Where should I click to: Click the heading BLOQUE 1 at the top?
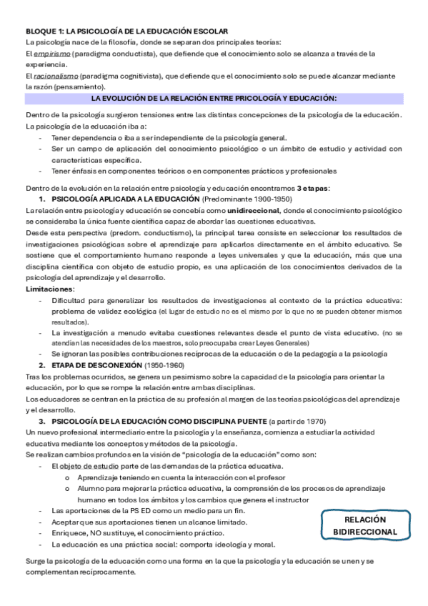click(x=127, y=32)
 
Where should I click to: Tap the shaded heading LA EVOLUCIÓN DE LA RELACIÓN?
click(x=214, y=98)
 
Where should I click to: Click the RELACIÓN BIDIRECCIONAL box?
click(x=365, y=526)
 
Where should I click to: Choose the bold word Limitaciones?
click(x=49, y=288)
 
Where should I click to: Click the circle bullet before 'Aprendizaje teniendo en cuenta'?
click(x=67, y=477)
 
